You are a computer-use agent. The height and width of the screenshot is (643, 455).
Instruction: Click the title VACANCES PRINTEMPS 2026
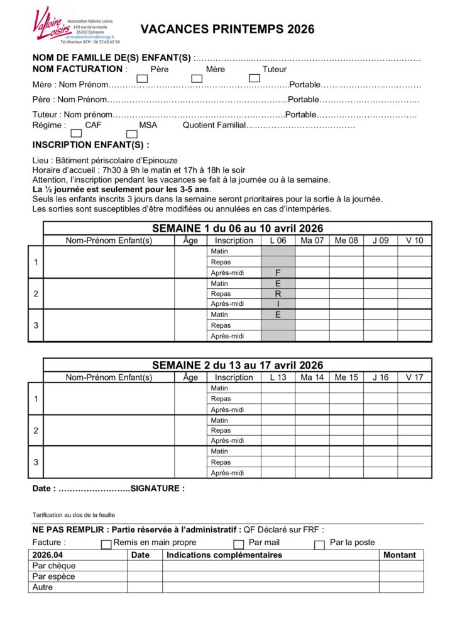tap(227, 30)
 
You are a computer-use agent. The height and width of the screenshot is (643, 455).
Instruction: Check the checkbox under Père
tap(143, 78)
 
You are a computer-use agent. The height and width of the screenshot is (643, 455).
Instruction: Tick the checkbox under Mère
tap(197, 78)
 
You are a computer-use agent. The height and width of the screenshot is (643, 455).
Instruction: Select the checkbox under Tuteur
tap(255, 78)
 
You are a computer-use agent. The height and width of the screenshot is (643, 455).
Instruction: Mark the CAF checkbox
tap(77, 134)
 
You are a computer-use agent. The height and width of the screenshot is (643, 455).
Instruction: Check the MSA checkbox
tap(132, 134)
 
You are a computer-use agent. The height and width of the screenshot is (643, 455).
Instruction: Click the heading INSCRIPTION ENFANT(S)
tap(90, 144)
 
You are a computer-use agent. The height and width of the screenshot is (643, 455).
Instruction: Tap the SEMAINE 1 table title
tap(238, 229)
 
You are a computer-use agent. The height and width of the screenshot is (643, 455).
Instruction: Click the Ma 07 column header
tap(312, 240)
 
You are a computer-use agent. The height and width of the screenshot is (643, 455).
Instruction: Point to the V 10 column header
tap(415, 240)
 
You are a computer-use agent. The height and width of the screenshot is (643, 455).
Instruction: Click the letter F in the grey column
tap(278, 273)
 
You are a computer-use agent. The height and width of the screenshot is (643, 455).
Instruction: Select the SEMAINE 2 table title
tap(238, 365)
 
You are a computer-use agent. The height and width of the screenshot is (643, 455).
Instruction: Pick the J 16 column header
tap(380, 377)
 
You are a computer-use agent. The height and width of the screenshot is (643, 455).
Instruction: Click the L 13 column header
tap(278, 377)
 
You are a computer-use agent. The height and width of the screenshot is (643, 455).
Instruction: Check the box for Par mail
tap(239, 544)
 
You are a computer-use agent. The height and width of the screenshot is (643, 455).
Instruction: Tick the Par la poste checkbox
tap(319, 544)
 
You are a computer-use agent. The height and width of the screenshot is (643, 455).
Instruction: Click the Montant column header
tap(401, 555)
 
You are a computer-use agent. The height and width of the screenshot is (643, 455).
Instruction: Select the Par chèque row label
tap(53, 566)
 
